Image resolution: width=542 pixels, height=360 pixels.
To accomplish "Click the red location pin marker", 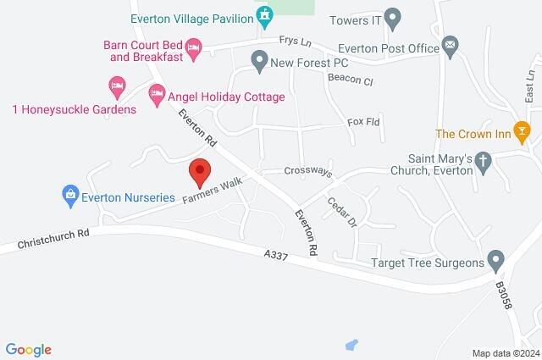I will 200,172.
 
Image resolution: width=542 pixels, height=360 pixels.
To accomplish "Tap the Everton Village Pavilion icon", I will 265,16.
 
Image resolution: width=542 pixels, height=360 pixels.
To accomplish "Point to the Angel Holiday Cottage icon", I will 156,95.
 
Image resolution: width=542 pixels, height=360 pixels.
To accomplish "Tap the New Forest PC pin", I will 259,61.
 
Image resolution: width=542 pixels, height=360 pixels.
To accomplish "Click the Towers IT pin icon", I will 391,16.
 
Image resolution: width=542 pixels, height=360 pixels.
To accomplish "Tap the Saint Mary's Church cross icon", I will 484,160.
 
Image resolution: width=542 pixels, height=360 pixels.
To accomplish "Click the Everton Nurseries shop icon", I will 71,197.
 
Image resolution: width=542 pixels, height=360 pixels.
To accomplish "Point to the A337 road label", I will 276,255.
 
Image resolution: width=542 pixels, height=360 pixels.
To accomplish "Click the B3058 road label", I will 505,294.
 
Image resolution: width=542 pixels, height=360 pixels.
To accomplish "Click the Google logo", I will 28,349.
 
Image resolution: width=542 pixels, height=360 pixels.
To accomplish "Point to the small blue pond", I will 351,345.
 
